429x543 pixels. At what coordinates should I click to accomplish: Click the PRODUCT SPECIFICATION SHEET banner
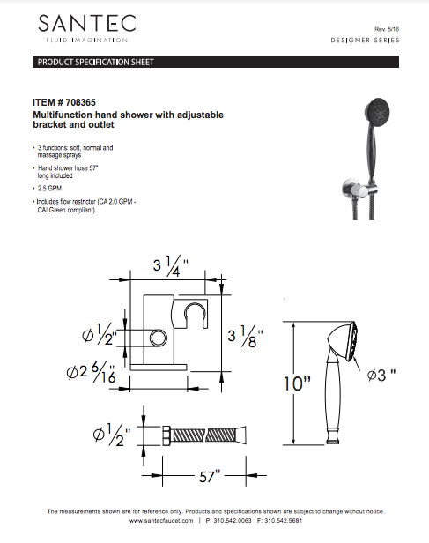coord(95,63)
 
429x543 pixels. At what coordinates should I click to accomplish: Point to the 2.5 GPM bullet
coord(50,189)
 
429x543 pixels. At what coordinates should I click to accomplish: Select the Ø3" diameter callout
coord(381,375)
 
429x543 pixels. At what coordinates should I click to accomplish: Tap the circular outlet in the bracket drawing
coord(159,338)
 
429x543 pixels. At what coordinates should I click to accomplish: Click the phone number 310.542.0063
coord(233,522)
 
